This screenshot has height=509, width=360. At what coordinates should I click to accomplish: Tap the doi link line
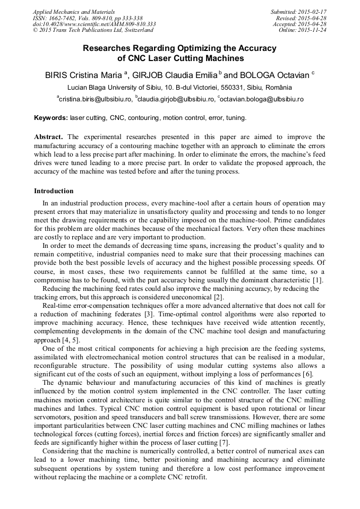94,24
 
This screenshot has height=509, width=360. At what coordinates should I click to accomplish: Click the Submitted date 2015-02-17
298,11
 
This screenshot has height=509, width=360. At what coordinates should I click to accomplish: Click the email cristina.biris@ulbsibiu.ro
95,99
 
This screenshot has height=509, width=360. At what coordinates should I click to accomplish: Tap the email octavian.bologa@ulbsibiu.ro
262,99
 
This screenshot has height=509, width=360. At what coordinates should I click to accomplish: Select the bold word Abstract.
49,136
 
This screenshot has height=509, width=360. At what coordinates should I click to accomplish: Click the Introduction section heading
54,191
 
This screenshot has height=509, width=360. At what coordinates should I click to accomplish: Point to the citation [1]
318,280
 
